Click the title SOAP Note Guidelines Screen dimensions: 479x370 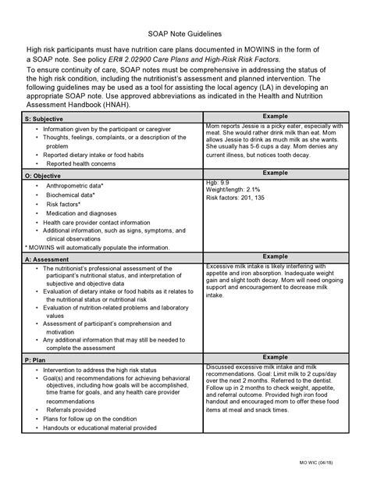(185, 35)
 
